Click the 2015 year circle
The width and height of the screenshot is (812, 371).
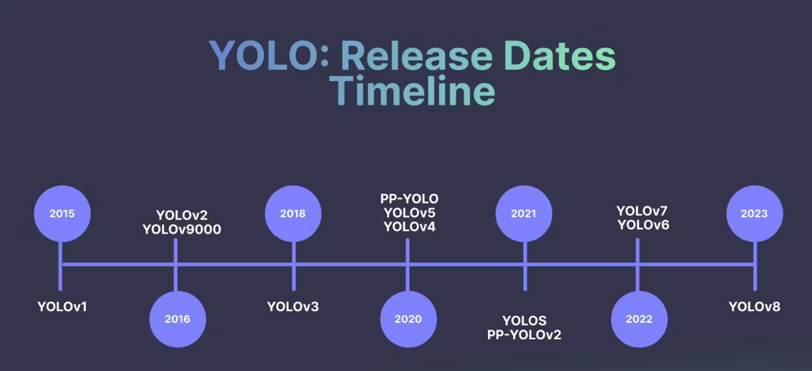[x=62, y=214]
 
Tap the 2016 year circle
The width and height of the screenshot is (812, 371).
[x=178, y=319]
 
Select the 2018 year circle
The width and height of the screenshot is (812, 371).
[x=293, y=214]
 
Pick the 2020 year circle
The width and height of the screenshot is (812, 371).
[x=409, y=319]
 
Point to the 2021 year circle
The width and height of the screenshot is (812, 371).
[x=524, y=214]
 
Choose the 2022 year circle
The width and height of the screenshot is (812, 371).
[x=639, y=319]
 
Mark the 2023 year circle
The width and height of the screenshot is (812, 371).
[x=755, y=214]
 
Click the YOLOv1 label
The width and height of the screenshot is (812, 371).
[x=62, y=307]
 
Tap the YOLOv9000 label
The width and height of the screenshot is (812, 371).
[x=182, y=229]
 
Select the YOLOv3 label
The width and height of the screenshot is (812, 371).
[x=293, y=307]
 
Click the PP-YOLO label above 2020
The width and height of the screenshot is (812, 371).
[x=409, y=199]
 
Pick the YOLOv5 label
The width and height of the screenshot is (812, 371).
[x=409, y=213]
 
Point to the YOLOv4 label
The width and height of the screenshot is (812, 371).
[x=409, y=227]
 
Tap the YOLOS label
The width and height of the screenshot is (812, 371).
[x=524, y=321]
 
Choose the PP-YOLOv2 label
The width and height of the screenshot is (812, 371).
[x=524, y=335]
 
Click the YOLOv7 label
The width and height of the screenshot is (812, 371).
[x=642, y=211]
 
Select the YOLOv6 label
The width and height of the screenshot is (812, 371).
[x=644, y=225]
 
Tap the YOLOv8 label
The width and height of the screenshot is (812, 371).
[x=754, y=307]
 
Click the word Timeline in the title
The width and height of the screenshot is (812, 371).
[x=412, y=91]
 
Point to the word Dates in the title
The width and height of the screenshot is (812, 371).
[x=560, y=55]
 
